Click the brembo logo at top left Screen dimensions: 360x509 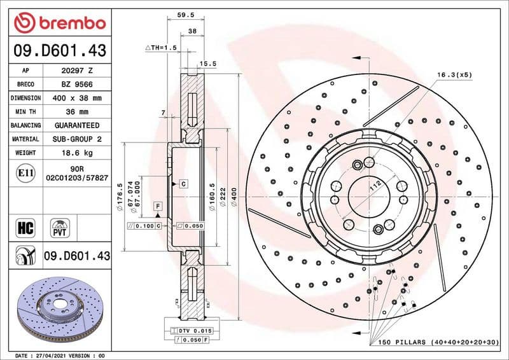pyautogui.click(x=59, y=23)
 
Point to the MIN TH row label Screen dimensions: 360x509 pyautogui.click(x=25, y=112)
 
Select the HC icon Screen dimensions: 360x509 pyautogui.click(x=26, y=227)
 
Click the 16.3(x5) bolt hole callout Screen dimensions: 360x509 pyautogui.click(x=454, y=75)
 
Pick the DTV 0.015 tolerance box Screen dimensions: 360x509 pyautogui.click(x=193, y=331)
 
